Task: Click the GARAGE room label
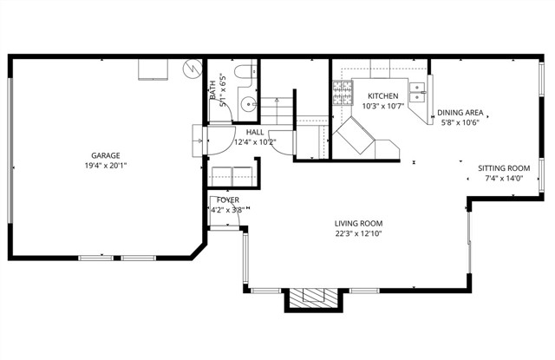[102, 156]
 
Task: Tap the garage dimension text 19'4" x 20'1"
[102, 167]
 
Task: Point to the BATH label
[212, 87]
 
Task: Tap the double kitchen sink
[417, 91]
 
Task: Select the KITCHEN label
[382, 95]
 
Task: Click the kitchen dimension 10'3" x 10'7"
[382, 106]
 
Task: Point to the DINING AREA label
[460, 113]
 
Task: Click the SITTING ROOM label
[504, 168]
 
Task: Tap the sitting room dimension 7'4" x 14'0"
[504, 179]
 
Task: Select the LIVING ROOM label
[359, 223]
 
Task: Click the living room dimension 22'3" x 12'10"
[359, 233]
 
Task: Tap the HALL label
[231, 131]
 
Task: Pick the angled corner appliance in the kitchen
[356, 136]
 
